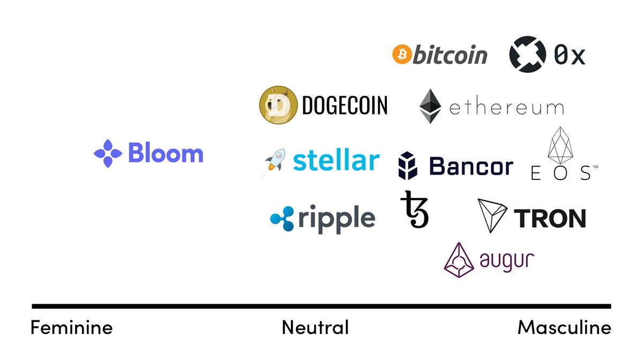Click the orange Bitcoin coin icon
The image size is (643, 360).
coord(401,54)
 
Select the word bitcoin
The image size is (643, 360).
coord(450,55)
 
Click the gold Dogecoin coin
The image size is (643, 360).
coord(278,105)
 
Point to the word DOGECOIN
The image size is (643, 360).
coord(345,106)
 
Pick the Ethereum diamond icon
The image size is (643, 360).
coord(430,106)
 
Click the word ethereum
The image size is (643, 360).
coord(506,108)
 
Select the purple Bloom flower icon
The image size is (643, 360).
coord(108,154)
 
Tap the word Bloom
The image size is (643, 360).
coord(166,154)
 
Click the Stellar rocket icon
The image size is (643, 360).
coord(275,162)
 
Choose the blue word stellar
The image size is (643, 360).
coord(337,160)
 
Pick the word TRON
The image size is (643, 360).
coord(549,219)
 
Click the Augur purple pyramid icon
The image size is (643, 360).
coord(460,260)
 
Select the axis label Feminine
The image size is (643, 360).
coord(71,327)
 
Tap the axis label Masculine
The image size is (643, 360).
coord(564,327)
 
